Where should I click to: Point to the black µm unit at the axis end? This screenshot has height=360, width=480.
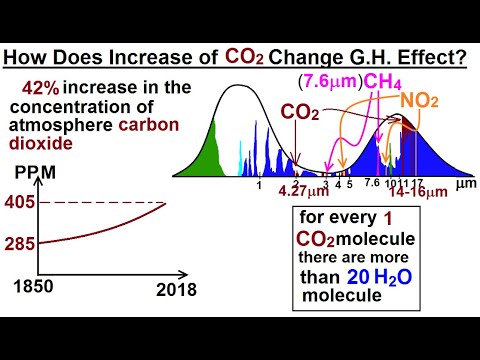463,184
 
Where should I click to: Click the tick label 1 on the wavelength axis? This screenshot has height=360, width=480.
258,184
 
